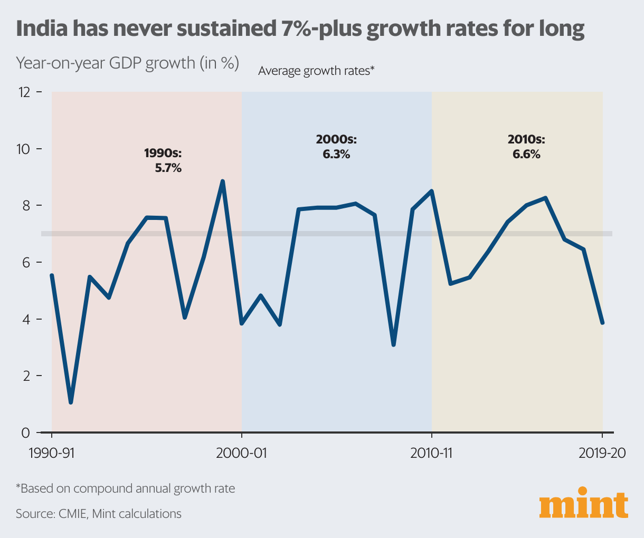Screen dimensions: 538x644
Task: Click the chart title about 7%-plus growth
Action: pyautogui.click(x=300, y=29)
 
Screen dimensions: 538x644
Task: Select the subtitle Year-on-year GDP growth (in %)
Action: pyautogui.click(x=127, y=63)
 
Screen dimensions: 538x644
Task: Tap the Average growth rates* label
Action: pyautogui.click(x=316, y=71)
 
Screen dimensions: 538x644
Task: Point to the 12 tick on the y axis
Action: pyautogui.click(x=25, y=92)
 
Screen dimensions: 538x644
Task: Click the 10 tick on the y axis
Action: pyautogui.click(x=25, y=149)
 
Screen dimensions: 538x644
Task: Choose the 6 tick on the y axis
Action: pyautogui.click(x=26, y=263)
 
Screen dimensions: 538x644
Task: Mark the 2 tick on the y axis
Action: pyautogui.click(x=26, y=376)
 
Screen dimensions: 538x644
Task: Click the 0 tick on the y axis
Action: pyautogui.click(x=26, y=433)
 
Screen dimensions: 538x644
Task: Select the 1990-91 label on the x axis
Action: pyautogui.click(x=52, y=454)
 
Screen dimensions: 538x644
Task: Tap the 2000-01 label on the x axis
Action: pyautogui.click(x=242, y=454)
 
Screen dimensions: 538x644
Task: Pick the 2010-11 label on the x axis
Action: pyautogui.click(x=432, y=454)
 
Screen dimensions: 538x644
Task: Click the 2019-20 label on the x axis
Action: pyautogui.click(x=602, y=454)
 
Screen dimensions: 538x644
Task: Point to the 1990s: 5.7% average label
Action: pyautogui.click(x=163, y=161)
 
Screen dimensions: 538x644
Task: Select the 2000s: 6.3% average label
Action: pyautogui.click(x=336, y=147)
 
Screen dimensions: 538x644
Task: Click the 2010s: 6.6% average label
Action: pyautogui.click(x=526, y=147)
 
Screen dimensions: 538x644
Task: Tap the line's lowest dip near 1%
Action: pyautogui.click(x=71, y=402)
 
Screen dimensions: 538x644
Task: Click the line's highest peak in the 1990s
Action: pyautogui.click(x=223, y=181)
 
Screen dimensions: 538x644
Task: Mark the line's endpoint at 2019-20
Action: pyautogui.click(x=602, y=323)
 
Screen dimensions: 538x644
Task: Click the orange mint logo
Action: pyautogui.click(x=584, y=506)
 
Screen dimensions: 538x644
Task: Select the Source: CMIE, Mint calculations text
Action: pyautogui.click(x=99, y=514)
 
